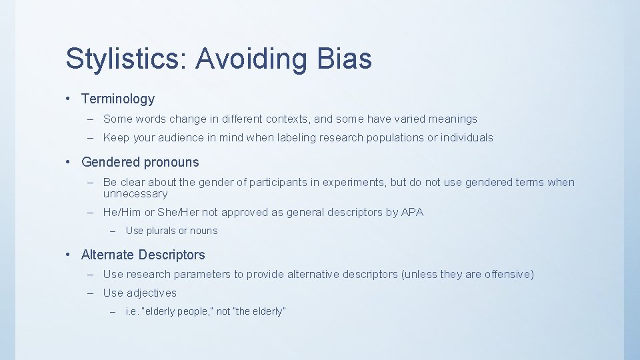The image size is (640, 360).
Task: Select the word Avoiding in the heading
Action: pyautogui.click(x=251, y=59)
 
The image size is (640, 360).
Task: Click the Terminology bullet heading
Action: pyautogui.click(x=118, y=99)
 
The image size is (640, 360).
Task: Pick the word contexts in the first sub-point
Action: pyautogui.click(x=288, y=119)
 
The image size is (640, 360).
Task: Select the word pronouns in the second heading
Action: pyautogui.click(x=171, y=162)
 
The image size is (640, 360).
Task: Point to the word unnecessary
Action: pyautogui.click(x=135, y=193)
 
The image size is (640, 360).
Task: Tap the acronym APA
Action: pyautogui.click(x=412, y=212)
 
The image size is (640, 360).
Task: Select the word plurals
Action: pyautogui.click(x=161, y=231)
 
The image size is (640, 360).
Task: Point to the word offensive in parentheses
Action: pyautogui.click(x=508, y=274)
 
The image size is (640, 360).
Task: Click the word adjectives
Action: pyautogui.click(x=151, y=293)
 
